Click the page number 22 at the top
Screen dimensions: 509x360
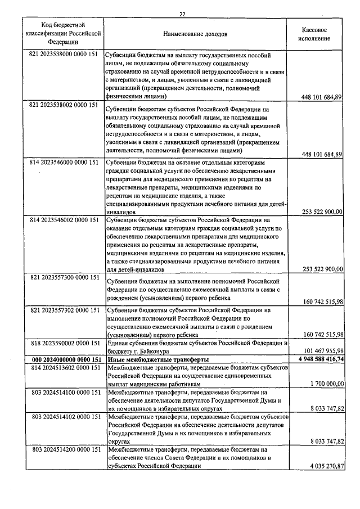(182, 14)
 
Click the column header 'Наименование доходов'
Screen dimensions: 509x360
(195, 34)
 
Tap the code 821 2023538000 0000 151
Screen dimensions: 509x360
(63, 55)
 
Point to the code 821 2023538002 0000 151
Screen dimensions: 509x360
(63, 106)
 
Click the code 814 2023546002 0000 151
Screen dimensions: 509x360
(63, 219)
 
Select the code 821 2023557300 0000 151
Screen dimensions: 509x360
(63, 277)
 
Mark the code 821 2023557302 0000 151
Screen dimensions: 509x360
(63, 310)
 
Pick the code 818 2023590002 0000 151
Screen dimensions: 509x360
(63, 343)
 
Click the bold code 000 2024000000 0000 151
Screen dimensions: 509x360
(63, 359)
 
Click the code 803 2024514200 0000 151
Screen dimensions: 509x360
(63, 449)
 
